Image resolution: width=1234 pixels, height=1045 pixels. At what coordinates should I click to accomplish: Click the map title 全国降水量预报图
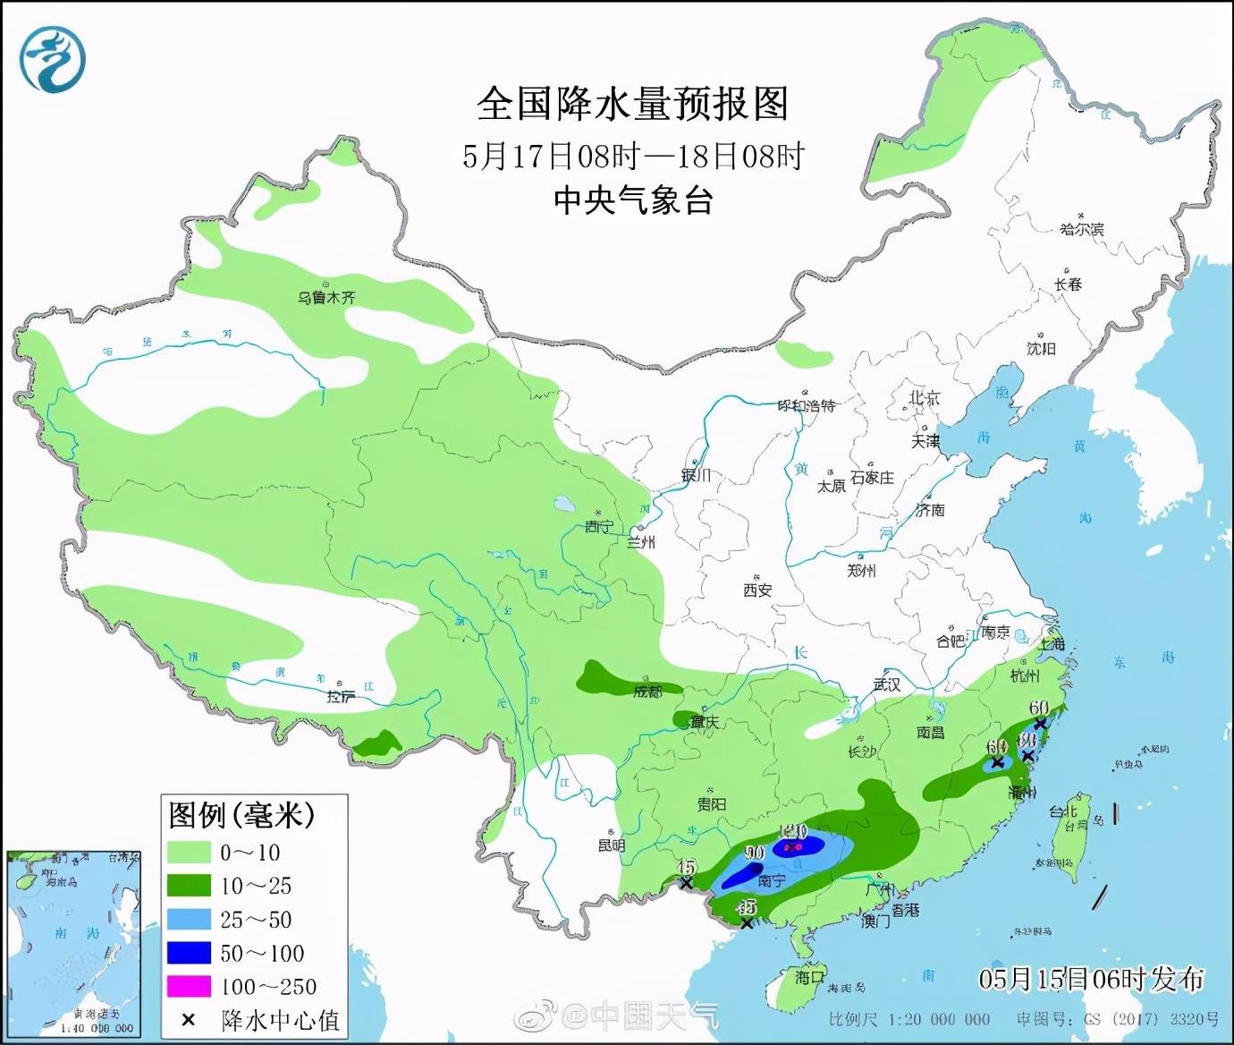(632, 105)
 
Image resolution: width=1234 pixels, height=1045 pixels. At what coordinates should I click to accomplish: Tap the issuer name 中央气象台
(632, 200)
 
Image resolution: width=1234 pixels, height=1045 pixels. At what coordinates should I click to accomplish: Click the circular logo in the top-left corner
(54, 58)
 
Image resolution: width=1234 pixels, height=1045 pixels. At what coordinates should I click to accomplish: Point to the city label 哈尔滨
(1082, 229)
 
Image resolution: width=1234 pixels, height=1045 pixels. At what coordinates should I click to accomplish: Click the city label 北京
(925, 398)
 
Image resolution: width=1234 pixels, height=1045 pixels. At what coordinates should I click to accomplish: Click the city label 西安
(756, 590)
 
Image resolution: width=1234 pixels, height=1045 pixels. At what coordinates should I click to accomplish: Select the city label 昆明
(612, 845)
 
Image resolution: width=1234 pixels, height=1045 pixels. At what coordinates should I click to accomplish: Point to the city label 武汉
(887, 684)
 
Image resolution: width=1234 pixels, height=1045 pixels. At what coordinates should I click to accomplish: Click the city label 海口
(810, 977)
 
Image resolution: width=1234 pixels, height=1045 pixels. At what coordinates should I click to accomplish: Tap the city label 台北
(1064, 812)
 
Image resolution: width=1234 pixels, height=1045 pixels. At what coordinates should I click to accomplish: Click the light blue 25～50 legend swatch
(189, 920)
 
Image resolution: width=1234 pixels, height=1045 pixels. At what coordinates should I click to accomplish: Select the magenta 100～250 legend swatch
(189, 987)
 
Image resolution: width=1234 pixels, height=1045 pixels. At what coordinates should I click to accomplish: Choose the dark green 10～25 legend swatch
(189, 886)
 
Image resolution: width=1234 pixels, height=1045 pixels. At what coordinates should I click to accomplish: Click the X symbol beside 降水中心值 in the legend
(188, 1020)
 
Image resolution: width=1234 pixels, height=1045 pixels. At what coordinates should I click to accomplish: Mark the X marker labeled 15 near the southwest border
(686, 883)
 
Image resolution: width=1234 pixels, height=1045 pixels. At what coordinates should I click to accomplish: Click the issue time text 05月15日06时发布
(1091, 980)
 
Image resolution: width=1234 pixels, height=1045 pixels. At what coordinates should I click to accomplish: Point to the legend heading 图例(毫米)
(242, 815)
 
